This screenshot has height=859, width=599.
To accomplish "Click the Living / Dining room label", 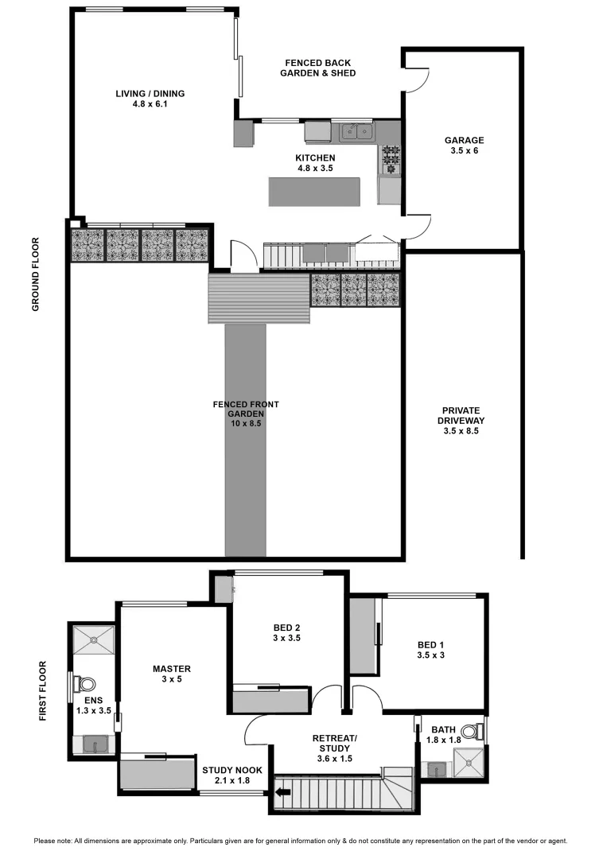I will tap(150, 94).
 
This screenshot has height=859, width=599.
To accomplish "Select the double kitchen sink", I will tap(356, 132).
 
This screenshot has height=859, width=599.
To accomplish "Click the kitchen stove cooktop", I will tap(390, 159).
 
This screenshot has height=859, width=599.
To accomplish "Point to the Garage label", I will tap(464, 141).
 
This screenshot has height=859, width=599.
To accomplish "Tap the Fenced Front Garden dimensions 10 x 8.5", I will tap(246, 424).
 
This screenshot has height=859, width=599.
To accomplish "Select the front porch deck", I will tap(259, 298).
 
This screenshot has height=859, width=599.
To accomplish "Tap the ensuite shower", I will tap(94, 639).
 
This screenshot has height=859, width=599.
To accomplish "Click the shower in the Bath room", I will tap(467, 766).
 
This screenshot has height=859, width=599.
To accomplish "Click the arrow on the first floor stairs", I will tap(282, 792).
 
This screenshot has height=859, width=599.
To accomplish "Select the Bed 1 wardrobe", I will tap(364, 637).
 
